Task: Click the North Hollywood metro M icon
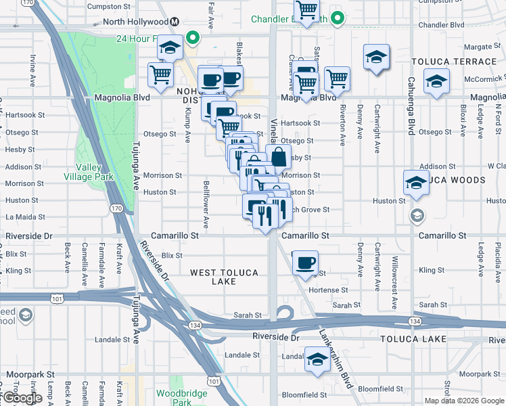tap(175, 21)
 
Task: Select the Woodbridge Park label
tap(173, 397)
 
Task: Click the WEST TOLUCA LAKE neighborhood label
tap(223, 277)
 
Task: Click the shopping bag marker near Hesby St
tap(278, 156)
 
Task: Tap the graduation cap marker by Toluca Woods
tap(416, 182)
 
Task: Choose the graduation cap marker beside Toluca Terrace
tap(437, 81)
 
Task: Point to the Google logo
tap(22, 399)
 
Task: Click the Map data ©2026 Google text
tap(464, 401)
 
